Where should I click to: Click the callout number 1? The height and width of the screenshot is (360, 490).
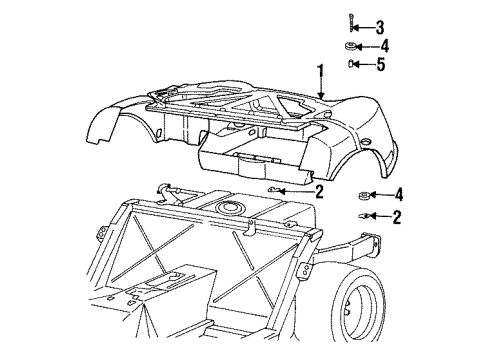321,72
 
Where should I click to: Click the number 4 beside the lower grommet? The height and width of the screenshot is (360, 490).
399,194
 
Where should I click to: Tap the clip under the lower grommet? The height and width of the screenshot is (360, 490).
363,215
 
